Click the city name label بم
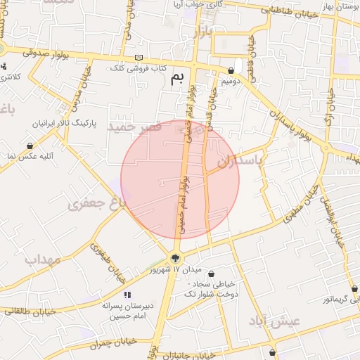tap(181, 77)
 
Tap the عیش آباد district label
tap(275, 321)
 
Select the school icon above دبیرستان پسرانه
tap(127, 295)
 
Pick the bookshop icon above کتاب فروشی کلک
tap(138, 57)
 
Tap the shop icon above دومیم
tap(231, 70)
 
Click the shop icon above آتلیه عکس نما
tap(30, 146)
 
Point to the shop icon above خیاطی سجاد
tap(211, 274)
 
